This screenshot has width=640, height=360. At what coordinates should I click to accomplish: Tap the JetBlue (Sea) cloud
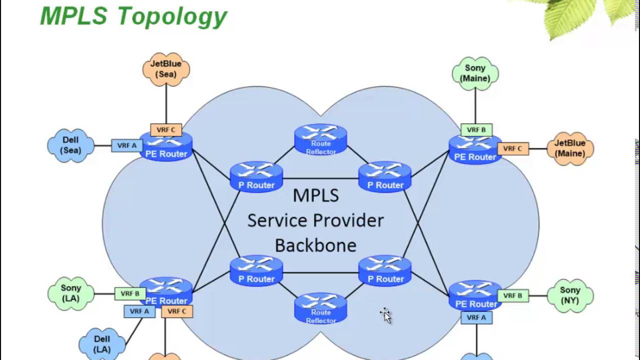click(166, 69)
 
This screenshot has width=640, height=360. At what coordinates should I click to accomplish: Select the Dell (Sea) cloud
click(70, 145)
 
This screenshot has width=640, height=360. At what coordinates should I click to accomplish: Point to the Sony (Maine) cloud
click(475, 73)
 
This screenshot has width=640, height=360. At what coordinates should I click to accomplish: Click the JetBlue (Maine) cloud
click(570, 148)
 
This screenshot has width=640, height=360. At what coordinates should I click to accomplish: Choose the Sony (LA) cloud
click(70, 293)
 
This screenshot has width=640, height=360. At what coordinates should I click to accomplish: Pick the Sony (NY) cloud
click(570, 295)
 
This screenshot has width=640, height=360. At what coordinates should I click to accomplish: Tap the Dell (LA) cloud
click(102, 344)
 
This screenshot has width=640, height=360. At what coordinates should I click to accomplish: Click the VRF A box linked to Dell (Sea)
click(127, 145)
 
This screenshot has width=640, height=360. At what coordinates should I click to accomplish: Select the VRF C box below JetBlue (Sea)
click(166, 130)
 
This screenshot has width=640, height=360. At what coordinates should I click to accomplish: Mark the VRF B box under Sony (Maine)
click(476, 130)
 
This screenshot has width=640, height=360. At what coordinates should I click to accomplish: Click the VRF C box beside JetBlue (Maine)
click(513, 149)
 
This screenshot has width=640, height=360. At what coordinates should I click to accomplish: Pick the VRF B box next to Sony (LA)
click(130, 293)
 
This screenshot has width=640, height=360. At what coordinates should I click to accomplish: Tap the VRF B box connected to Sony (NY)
click(513, 295)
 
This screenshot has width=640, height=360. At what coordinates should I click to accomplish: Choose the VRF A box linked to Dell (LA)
click(139, 311)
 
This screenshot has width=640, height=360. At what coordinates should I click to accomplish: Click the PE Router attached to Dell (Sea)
click(166, 147)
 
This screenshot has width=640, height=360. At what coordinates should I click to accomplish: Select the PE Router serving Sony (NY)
click(475, 295)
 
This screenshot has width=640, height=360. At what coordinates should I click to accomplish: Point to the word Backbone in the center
click(315, 245)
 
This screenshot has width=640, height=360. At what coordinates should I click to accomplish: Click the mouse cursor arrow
click(385, 315)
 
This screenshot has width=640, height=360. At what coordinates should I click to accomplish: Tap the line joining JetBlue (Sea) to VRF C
click(166, 105)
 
